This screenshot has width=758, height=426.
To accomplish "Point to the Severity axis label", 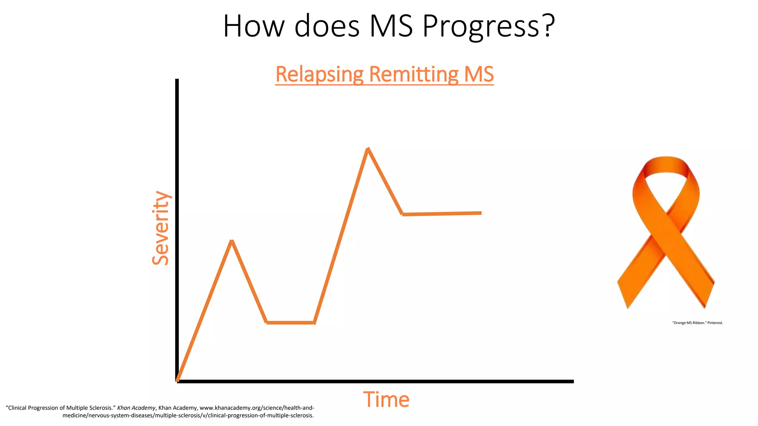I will pos(161,228).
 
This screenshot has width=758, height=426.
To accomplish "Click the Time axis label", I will pos(386,400).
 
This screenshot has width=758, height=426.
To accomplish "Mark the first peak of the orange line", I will pos(232,241).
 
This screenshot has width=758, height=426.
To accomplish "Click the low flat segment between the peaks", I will pos(290,322).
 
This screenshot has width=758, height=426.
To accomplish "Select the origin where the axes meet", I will pos(178,381).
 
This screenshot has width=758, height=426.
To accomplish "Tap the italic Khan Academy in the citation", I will pos(136,408).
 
